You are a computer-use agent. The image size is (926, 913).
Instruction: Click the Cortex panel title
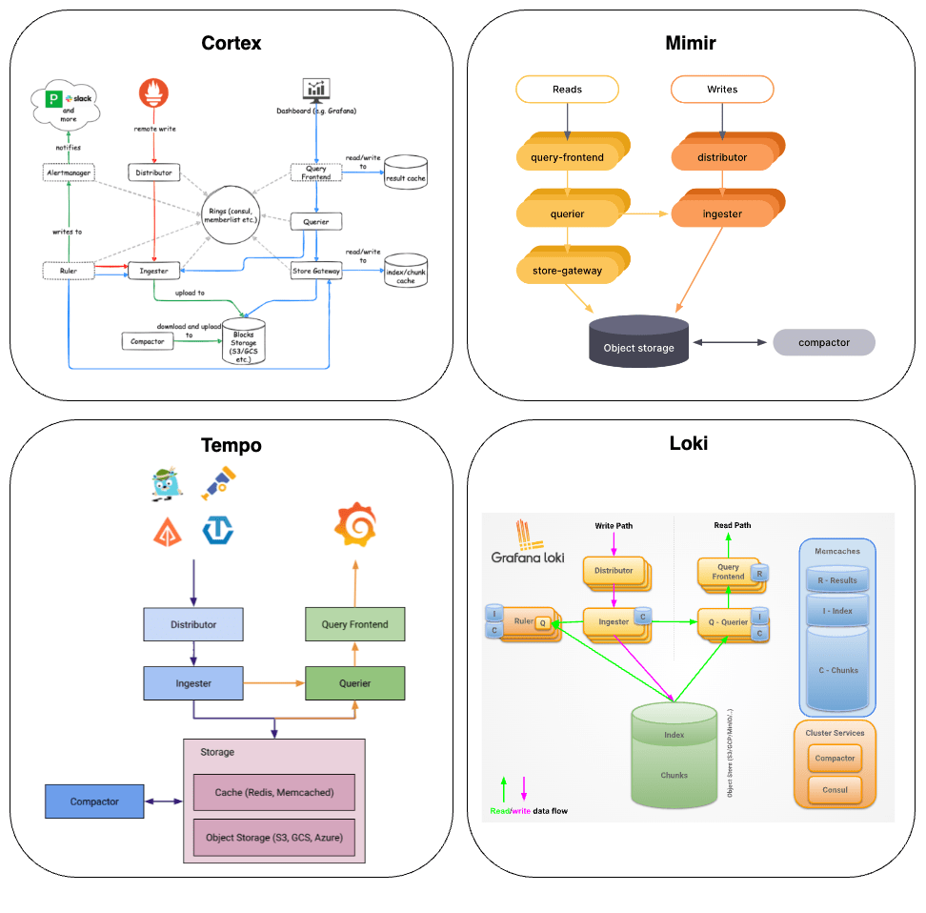click(231, 43)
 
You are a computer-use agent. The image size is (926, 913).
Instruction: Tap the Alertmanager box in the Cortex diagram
click(69, 172)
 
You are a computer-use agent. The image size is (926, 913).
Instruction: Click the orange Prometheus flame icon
click(154, 92)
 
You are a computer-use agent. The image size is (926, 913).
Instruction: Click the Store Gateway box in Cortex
click(316, 272)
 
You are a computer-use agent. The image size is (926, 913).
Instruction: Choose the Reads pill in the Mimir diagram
click(567, 90)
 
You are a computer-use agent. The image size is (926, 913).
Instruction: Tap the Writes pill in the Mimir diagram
click(722, 90)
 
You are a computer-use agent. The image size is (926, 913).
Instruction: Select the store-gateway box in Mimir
click(567, 271)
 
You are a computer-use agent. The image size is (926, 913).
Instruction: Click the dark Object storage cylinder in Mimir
click(638, 340)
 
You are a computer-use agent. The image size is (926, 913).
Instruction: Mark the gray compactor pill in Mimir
click(823, 343)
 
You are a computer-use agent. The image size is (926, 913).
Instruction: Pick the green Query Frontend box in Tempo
click(354, 624)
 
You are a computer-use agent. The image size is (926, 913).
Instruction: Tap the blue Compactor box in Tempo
click(94, 801)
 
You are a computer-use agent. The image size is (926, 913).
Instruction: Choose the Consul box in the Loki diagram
click(835, 790)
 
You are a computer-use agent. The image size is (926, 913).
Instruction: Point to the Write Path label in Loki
click(613, 526)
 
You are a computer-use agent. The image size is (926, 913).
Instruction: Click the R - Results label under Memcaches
click(836, 580)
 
